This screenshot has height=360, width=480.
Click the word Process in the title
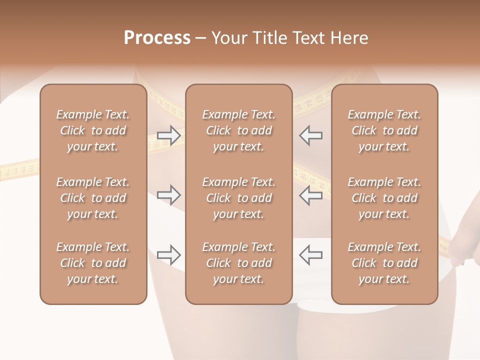pos(157,38)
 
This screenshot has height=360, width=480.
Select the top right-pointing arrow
pos(169,135)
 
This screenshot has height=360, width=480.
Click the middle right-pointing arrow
pos(169,194)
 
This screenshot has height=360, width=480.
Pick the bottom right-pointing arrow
pos(169,254)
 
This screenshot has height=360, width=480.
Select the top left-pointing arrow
pos(310,135)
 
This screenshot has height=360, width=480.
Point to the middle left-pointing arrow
pos(310,194)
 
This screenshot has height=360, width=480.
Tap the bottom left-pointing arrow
pos(310,254)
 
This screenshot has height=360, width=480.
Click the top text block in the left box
pos(93,130)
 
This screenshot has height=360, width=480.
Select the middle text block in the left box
pos(93,198)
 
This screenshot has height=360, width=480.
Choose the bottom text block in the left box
pos(93,263)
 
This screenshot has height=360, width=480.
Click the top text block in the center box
pos(239,130)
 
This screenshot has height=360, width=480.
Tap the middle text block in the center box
pos(239,198)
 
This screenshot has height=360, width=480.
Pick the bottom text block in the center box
pos(239,263)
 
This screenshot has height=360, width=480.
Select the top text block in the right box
pos(384,130)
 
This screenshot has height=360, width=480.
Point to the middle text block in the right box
pos(384,198)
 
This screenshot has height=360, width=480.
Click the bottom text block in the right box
pos(384,263)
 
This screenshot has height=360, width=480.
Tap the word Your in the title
pos(229,38)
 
